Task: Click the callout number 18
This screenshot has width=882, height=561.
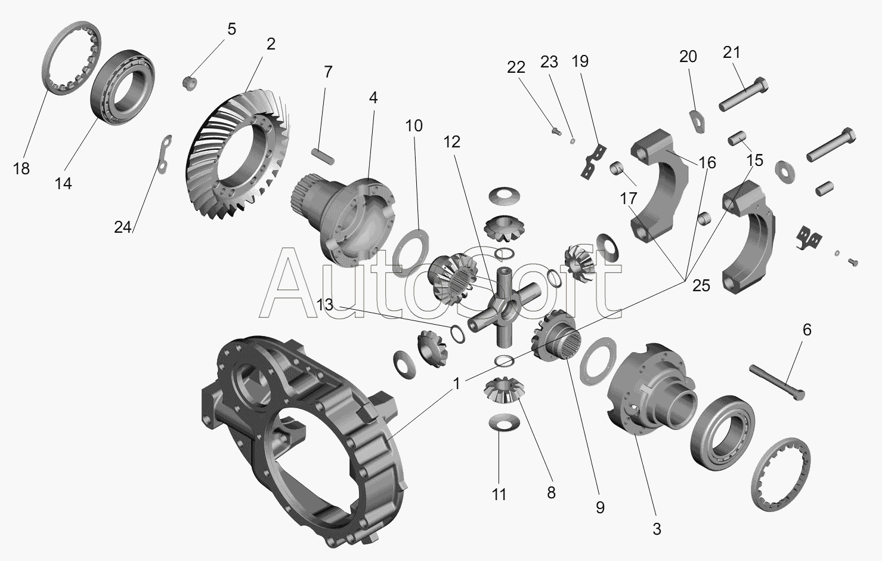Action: coord(21,169)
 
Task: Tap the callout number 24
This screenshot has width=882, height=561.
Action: coord(122,227)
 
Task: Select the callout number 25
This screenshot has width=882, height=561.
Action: coord(701,286)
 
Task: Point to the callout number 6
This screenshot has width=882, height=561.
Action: coord(807,330)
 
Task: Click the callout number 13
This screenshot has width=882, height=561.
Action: coord(325,304)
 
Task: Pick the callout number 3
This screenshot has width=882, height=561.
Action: coord(657,529)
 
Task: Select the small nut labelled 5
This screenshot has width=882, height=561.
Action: coord(190,83)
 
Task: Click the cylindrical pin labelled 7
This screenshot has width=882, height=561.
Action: coord(323,156)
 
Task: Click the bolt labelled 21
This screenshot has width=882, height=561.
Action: coord(744,94)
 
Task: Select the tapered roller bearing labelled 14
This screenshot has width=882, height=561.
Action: coord(122,88)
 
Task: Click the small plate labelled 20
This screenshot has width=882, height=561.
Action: coord(697,121)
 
